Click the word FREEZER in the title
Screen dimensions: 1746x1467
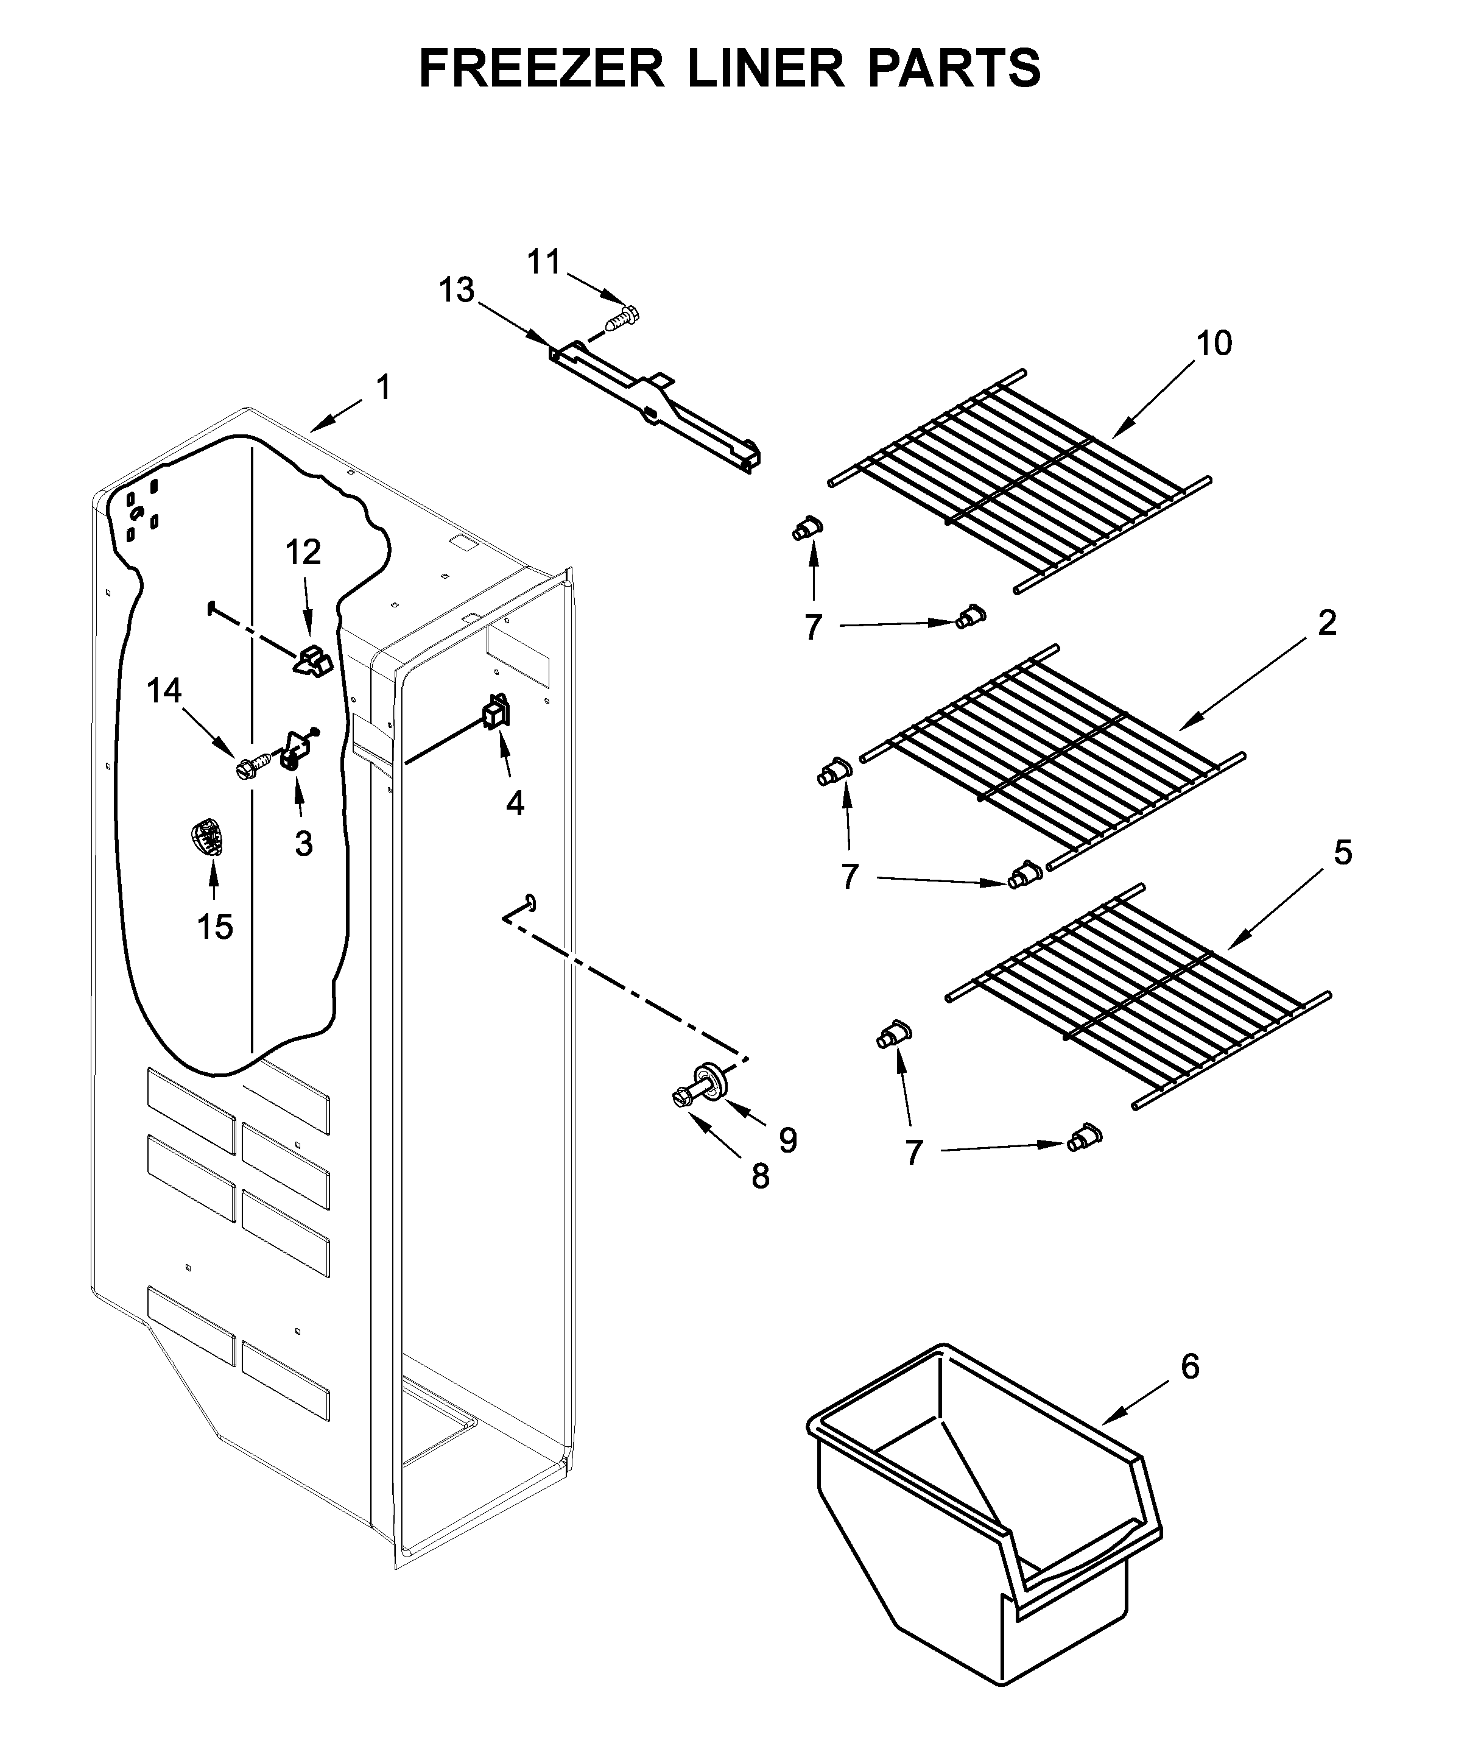click(541, 68)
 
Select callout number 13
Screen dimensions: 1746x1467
click(457, 291)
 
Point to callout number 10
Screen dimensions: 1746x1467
click(1213, 343)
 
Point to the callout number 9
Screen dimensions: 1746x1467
click(787, 1140)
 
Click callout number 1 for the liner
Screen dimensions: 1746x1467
click(382, 387)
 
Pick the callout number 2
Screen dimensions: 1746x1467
click(1326, 623)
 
